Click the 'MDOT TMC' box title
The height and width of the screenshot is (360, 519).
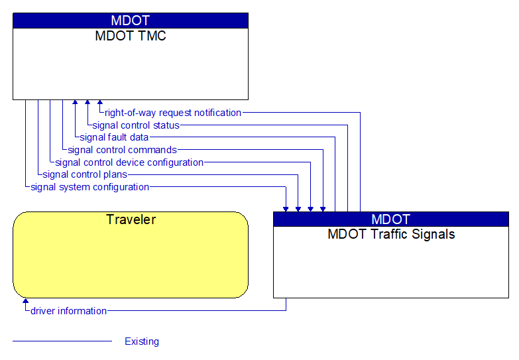[x=131, y=36]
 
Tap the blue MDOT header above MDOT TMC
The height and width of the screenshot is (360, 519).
[x=131, y=21]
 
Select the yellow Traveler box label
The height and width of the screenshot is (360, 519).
[x=131, y=219]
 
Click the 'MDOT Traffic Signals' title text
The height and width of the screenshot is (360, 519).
[x=391, y=234]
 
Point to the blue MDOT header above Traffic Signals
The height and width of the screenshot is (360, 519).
[x=391, y=219]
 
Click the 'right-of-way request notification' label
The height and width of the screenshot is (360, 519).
[x=173, y=113]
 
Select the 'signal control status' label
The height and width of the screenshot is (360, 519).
[x=136, y=125]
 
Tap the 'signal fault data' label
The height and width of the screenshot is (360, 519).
[x=114, y=137]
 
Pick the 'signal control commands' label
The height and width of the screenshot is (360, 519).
[x=122, y=150]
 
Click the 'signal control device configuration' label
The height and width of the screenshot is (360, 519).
[x=129, y=162]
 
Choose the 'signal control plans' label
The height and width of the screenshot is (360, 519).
[x=85, y=174]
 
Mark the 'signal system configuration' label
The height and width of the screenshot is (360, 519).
[x=90, y=187]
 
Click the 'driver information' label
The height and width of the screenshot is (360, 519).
[x=68, y=311]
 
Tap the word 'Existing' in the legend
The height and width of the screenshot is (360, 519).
[x=142, y=341]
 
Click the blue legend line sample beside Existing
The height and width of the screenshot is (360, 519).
[x=62, y=341]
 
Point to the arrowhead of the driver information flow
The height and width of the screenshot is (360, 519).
[x=26, y=302]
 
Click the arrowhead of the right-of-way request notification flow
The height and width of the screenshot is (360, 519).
[x=100, y=103]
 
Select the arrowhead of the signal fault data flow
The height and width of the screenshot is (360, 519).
[x=75, y=103]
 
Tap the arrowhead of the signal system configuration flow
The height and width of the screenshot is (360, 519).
[x=286, y=208]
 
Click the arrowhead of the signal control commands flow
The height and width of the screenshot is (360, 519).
[x=323, y=208]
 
